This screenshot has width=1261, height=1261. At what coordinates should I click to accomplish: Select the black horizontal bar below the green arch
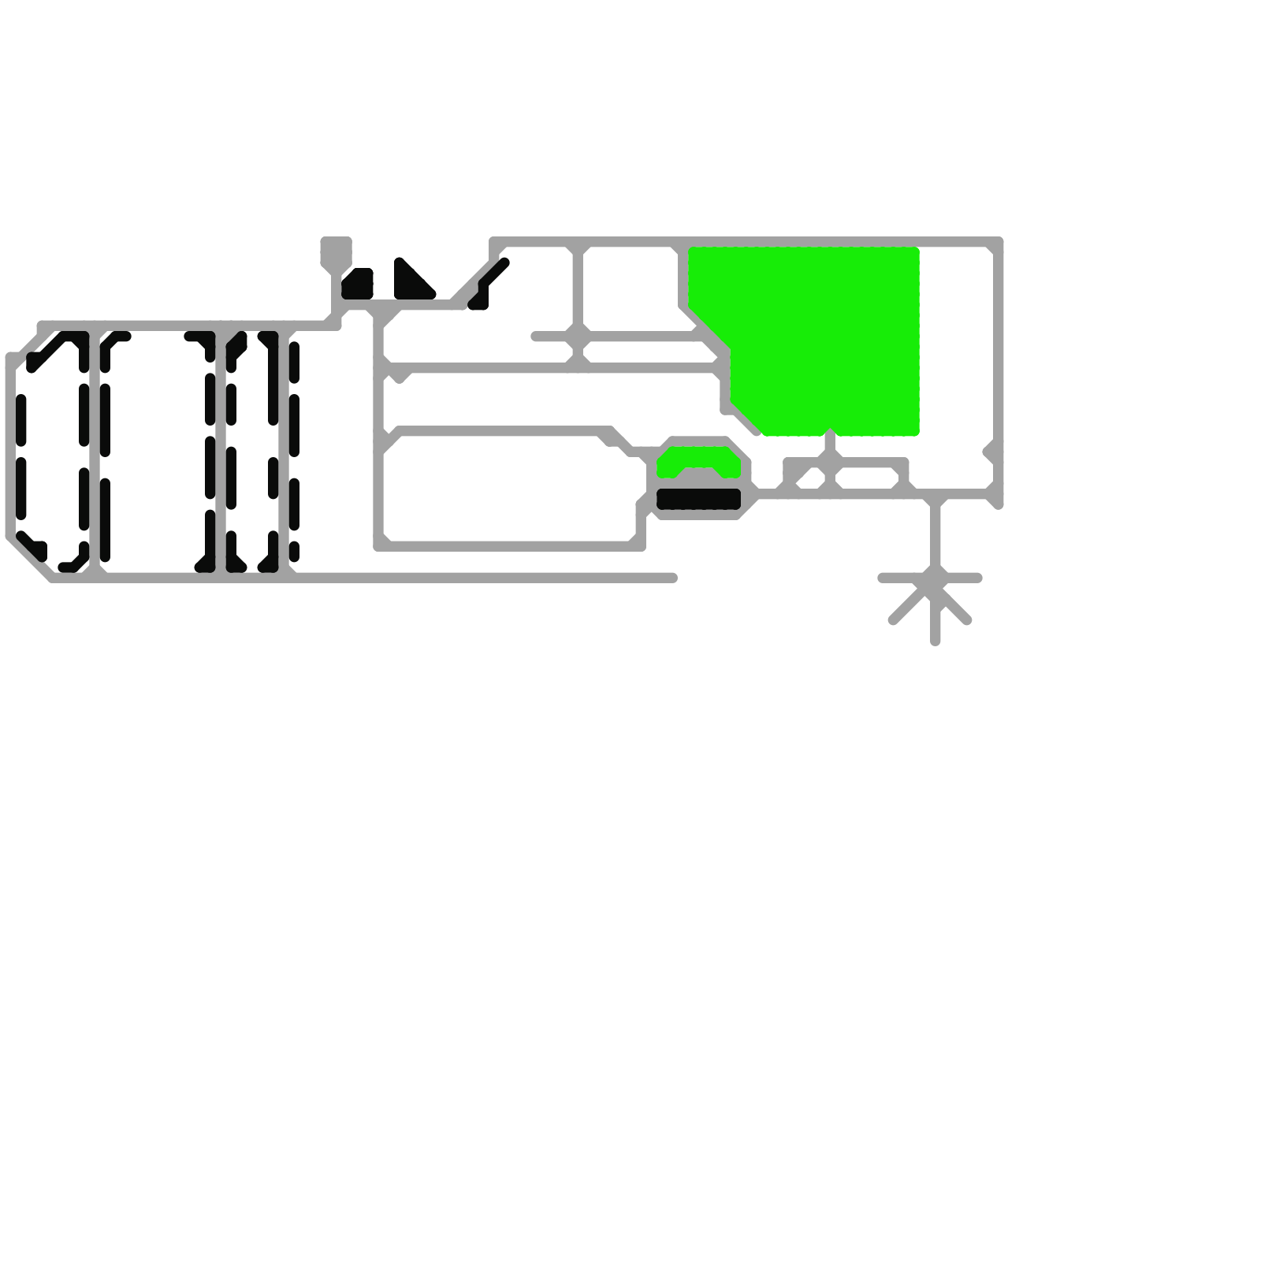698,499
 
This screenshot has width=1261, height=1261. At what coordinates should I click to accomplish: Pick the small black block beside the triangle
358,285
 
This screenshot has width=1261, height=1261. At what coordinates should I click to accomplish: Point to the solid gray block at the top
336,251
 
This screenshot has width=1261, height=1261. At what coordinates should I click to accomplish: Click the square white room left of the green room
630,288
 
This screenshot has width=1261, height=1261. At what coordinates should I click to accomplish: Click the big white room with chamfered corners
512,489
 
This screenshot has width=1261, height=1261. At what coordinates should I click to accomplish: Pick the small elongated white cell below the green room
867,478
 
